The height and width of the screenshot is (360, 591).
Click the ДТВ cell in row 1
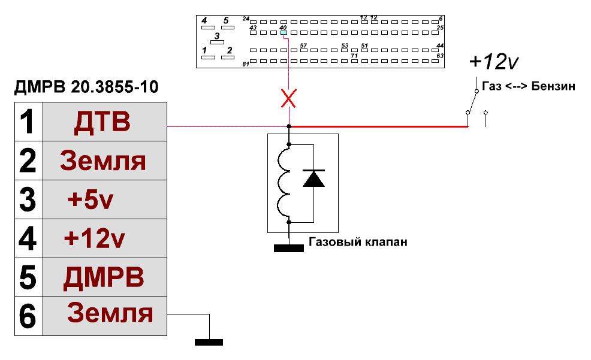point(105,122)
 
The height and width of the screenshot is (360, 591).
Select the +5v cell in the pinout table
point(105,199)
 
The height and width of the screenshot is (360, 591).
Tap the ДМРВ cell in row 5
point(105,277)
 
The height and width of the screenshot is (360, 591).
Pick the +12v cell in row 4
point(105,238)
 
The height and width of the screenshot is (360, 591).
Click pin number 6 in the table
point(29,316)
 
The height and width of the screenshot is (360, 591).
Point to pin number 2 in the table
point(29,161)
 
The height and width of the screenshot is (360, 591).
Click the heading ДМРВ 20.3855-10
point(86,87)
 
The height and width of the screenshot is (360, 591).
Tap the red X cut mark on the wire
point(289,98)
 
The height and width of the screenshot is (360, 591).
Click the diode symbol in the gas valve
point(313,179)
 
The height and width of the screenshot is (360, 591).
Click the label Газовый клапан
point(358,241)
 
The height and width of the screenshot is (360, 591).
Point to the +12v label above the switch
point(494,61)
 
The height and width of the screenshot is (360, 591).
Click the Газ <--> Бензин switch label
point(529,86)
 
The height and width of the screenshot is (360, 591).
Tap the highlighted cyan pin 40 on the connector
point(284,33)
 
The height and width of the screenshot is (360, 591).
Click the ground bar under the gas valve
point(289,248)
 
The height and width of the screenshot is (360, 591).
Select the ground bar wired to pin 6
point(209,342)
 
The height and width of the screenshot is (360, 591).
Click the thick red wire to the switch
point(378,126)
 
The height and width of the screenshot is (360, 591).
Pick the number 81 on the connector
point(246,64)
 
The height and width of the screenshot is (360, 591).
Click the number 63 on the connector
point(440,56)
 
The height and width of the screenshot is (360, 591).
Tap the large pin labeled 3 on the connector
point(217,42)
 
